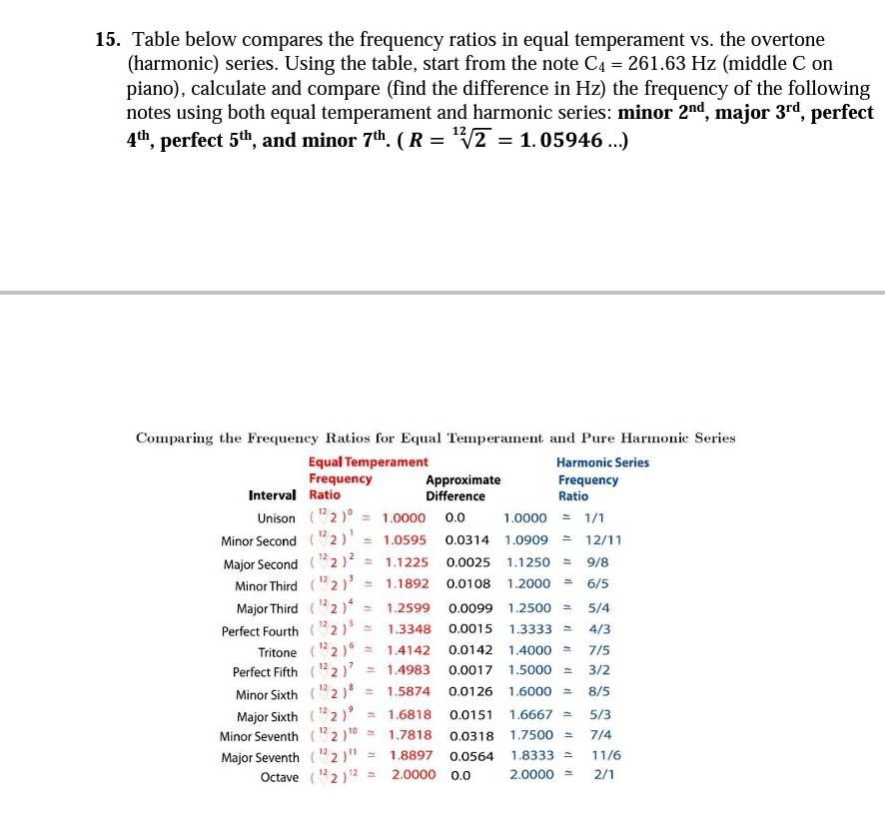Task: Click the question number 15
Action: (x=108, y=40)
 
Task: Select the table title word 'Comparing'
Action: (x=172, y=437)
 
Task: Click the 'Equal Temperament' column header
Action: (x=368, y=461)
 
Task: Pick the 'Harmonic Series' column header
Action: (x=602, y=462)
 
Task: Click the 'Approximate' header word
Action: (x=463, y=479)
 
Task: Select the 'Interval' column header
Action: (x=272, y=495)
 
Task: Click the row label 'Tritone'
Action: (x=278, y=651)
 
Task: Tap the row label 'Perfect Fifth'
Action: (x=265, y=671)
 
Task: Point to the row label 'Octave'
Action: (x=279, y=776)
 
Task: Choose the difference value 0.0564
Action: (x=469, y=757)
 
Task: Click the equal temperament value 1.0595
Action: (x=406, y=540)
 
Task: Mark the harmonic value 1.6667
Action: (x=529, y=715)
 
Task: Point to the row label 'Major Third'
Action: (x=267, y=608)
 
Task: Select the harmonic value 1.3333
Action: (x=529, y=629)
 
